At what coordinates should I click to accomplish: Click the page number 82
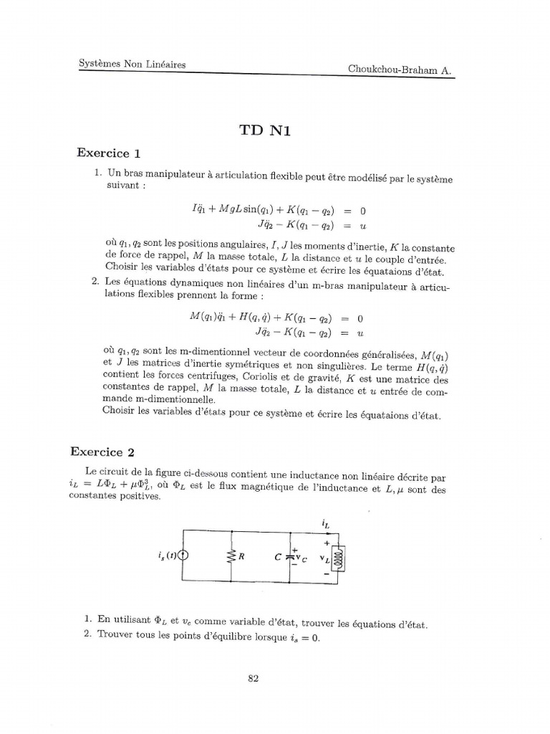(252, 680)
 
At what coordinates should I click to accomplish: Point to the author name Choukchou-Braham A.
(400, 70)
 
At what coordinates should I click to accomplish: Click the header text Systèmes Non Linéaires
(132, 65)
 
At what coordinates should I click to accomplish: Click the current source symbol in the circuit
(183, 553)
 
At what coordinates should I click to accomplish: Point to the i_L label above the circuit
(327, 525)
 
